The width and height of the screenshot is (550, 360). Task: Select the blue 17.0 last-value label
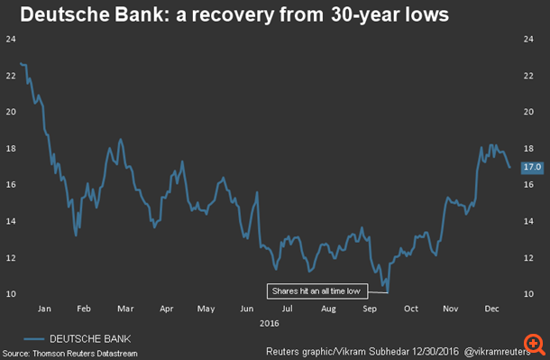532,167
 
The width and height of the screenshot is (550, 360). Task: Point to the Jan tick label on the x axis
44,308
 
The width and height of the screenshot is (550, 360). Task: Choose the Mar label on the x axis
125,308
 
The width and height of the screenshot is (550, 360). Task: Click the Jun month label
247,308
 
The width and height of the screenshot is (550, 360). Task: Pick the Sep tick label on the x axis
370,308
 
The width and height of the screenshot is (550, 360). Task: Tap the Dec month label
492,308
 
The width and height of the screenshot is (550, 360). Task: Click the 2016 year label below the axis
268,321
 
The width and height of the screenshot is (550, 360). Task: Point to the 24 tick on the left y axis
11,39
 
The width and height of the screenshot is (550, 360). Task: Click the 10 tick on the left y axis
11,294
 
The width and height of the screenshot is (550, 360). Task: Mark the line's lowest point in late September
387,291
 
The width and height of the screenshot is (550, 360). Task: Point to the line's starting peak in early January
22,63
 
